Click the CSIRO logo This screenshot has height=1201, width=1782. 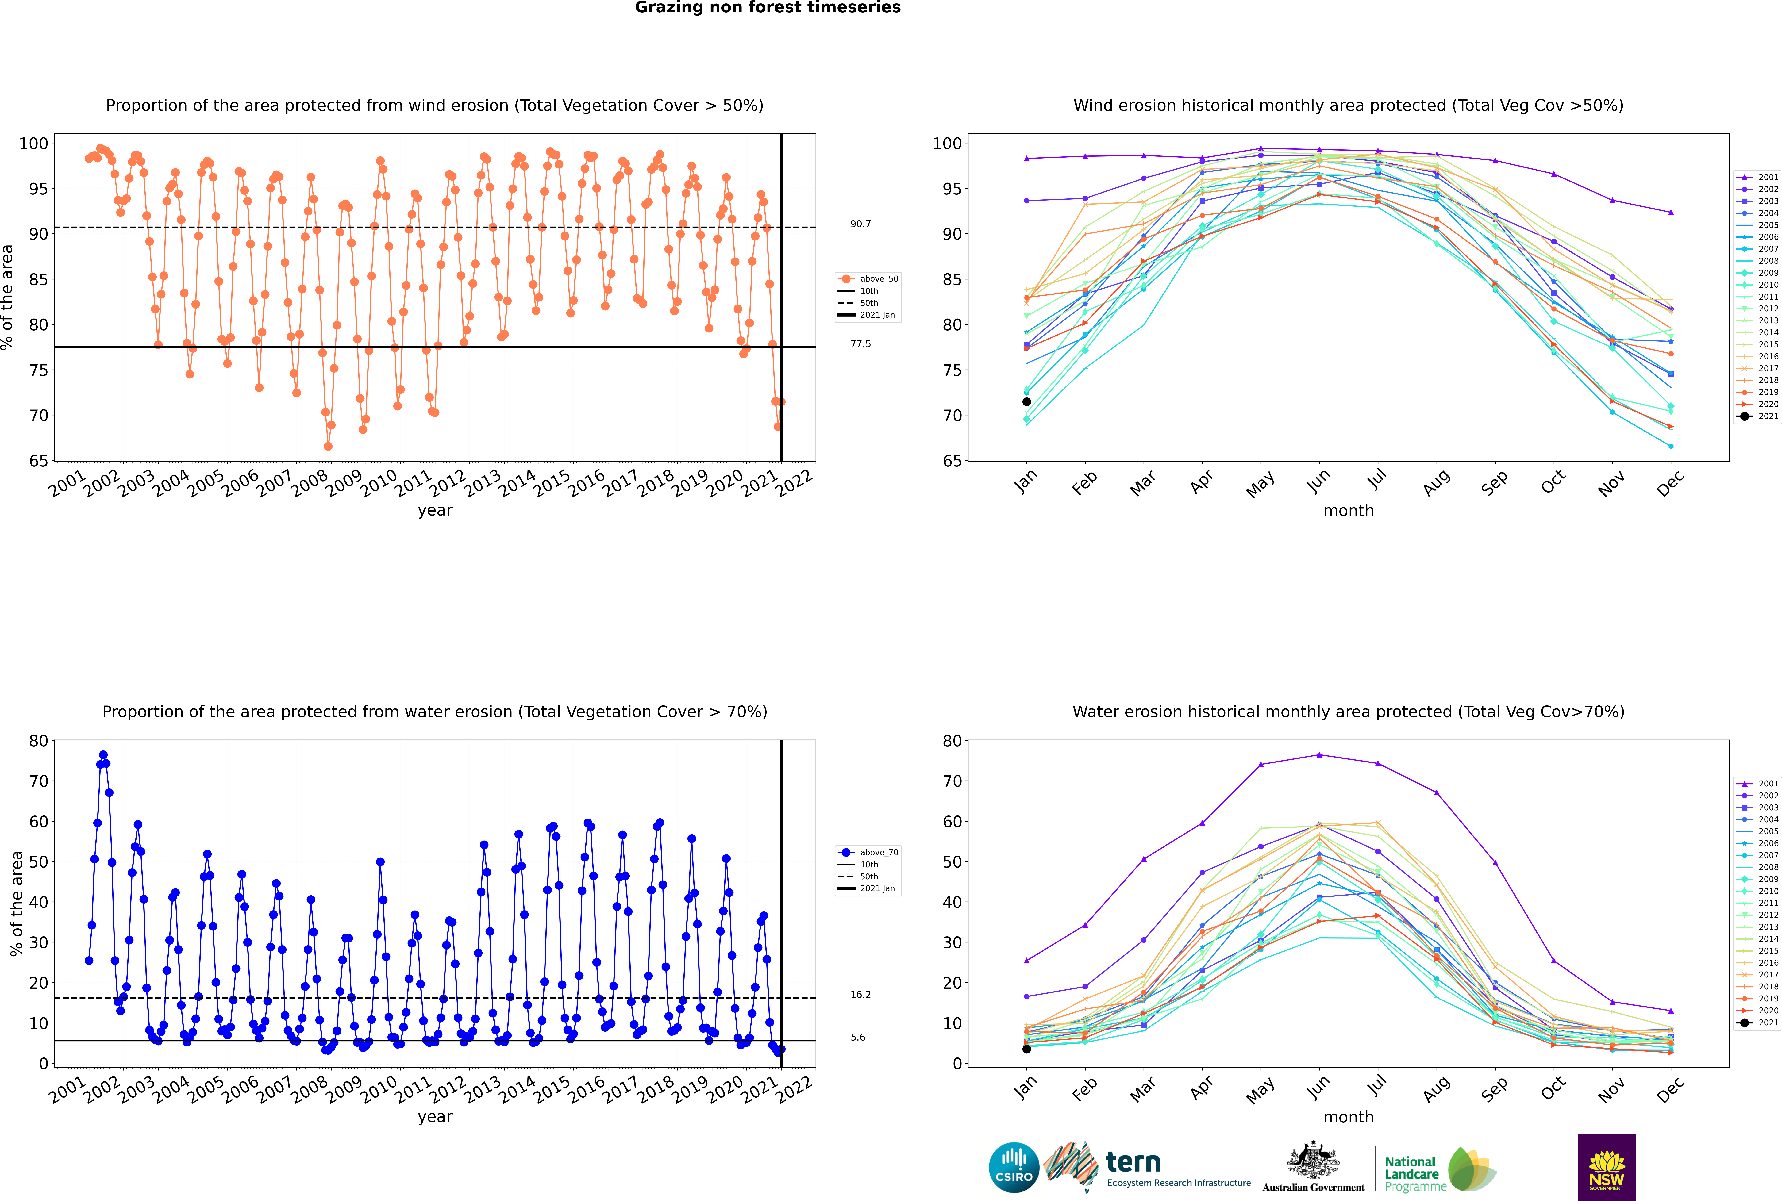(1014, 1167)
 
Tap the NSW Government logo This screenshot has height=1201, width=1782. (1607, 1167)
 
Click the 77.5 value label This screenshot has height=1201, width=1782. (860, 344)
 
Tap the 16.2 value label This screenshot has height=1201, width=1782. (860, 994)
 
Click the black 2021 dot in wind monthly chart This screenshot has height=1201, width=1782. (1027, 401)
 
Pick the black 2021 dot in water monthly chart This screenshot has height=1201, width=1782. (1027, 1049)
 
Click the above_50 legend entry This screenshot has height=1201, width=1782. (868, 279)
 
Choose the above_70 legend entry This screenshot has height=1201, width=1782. (868, 853)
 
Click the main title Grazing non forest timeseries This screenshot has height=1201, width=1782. (768, 8)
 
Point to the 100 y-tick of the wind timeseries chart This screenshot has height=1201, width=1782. (34, 143)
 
